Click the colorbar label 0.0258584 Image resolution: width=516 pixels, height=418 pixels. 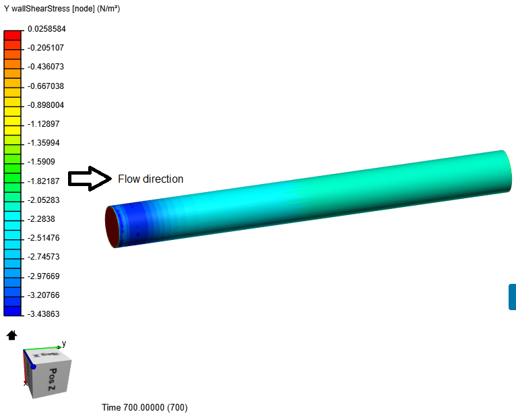[46, 29]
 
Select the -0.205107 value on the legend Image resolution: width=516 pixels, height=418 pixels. [46, 48]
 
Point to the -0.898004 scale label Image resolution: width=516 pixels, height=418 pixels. [46, 105]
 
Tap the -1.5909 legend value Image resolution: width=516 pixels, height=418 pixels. [41, 162]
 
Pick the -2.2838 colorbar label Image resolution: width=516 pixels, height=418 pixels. [41, 219]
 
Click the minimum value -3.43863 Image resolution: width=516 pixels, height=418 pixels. [43, 314]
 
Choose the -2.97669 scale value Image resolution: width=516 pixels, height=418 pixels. [43, 276]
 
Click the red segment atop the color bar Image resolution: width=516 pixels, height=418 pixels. [13, 35]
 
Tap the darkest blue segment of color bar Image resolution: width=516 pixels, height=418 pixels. [13, 311]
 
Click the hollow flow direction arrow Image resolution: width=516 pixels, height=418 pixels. [90, 179]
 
